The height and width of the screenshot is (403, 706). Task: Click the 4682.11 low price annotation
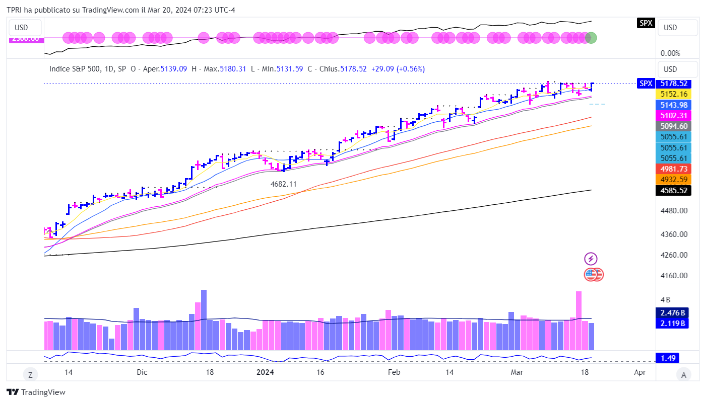284,184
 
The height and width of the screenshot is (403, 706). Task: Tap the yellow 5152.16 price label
673,94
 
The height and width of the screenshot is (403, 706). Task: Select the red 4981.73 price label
673,169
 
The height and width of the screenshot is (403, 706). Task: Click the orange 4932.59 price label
673,179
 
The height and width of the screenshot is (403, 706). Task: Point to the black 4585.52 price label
673,190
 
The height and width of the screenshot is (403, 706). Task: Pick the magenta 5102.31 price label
673,115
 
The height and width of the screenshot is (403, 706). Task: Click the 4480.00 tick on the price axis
673,210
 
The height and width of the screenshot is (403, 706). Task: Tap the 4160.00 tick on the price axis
673,275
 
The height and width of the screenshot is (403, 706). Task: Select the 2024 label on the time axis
265,372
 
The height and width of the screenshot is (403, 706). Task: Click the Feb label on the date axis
394,372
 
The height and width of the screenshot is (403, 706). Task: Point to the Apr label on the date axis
639,372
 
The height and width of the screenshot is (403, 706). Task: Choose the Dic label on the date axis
142,372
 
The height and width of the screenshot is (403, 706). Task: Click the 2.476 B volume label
673,312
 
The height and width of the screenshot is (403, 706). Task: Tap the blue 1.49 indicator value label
666,358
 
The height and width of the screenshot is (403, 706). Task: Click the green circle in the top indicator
591,37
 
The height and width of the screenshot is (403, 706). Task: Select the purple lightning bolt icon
591,259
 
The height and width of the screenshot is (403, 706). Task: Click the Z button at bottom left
30,374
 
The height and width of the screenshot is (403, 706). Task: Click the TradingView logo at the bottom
36,392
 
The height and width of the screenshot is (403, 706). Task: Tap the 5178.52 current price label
673,84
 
